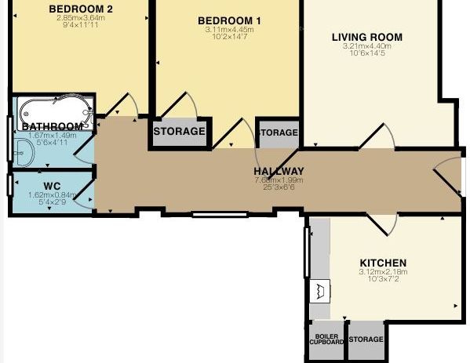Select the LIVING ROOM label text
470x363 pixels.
pos(366,37)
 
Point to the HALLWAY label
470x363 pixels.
pos(279,172)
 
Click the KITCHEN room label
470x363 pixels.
pos(383,263)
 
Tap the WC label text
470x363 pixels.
pos(53,186)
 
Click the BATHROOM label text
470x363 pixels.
pos(53,126)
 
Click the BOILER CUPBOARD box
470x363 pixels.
pos(326,339)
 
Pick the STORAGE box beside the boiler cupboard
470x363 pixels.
pos(366,339)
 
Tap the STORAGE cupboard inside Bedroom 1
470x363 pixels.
pos(179,132)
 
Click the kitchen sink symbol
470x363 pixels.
pos(320,291)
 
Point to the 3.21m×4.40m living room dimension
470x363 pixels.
pos(366,47)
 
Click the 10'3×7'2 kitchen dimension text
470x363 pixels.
pos(383,280)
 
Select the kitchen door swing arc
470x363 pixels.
pos(384,226)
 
